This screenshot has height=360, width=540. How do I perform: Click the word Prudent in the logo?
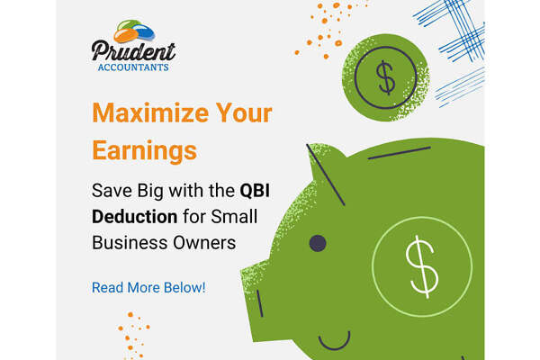tap(133, 51)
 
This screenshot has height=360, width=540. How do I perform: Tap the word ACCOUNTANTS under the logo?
tap(133, 67)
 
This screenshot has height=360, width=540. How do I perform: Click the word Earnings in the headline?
tap(145, 151)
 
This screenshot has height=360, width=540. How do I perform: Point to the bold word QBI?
tap(255, 191)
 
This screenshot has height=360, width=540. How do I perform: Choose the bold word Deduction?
tap(135, 217)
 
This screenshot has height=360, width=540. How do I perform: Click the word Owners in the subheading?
tap(204, 242)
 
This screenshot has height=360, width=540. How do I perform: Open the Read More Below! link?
tap(148, 288)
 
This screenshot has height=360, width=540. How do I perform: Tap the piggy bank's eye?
tap(318, 243)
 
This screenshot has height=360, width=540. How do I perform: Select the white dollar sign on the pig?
tap(422, 266)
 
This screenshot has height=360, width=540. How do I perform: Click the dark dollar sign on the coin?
tap(386, 77)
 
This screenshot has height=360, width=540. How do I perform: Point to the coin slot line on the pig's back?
tap(399, 153)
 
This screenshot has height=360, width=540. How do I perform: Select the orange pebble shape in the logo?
tap(126, 35)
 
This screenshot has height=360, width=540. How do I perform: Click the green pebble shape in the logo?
tap(129, 25)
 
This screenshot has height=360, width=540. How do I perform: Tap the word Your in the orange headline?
tap(244, 112)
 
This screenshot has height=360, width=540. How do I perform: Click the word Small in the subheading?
tap(234, 217)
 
